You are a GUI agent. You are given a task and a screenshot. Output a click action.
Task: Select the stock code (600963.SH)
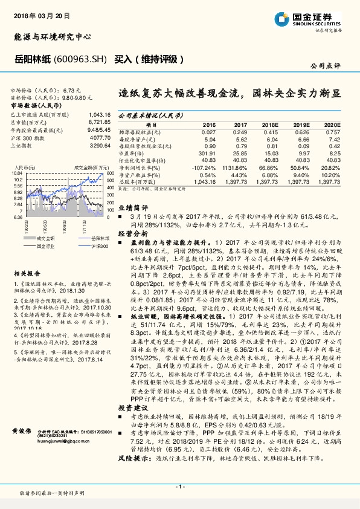pos(85,59)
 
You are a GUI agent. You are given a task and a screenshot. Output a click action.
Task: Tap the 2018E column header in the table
pos(269,124)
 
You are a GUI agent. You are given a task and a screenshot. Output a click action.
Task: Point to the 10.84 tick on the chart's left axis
pos(17,173)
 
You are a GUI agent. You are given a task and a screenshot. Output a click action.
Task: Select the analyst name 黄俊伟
pos(22,430)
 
